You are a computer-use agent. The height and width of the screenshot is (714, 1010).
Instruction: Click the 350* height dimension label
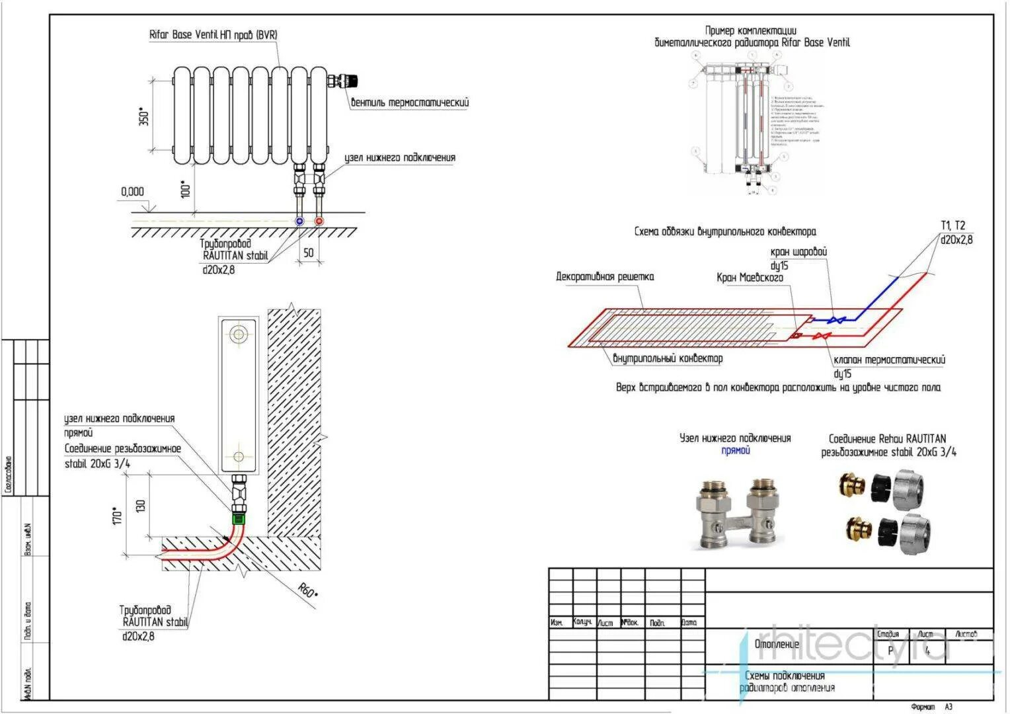click(x=144, y=116)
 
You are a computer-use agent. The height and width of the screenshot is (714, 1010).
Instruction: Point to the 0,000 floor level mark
click(x=132, y=192)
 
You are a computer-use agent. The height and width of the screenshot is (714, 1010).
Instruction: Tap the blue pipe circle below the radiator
click(x=300, y=221)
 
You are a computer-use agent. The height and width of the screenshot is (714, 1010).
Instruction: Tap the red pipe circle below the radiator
click(x=319, y=221)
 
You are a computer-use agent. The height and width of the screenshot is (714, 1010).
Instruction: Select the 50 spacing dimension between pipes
click(x=309, y=253)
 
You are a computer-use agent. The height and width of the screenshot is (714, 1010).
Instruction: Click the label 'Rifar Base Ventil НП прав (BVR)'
click(x=213, y=35)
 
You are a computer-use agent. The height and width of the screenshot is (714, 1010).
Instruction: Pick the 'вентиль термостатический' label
click(x=410, y=103)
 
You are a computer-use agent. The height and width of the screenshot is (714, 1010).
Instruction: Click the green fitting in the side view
click(x=239, y=519)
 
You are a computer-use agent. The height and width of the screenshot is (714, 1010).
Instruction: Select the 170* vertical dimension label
click(x=118, y=516)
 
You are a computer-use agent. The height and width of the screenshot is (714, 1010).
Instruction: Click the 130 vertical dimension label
click(x=140, y=506)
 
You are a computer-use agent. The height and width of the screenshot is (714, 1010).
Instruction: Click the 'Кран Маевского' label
click(x=750, y=278)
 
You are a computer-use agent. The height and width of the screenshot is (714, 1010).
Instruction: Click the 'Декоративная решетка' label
click(x=605, y=276)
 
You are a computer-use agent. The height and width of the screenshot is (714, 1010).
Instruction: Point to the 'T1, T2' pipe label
click(x=952, y=225)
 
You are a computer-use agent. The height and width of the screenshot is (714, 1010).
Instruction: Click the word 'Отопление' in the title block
click(x=777, y=644)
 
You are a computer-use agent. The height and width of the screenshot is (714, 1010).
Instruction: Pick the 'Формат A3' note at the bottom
click(x=931, y=707)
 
